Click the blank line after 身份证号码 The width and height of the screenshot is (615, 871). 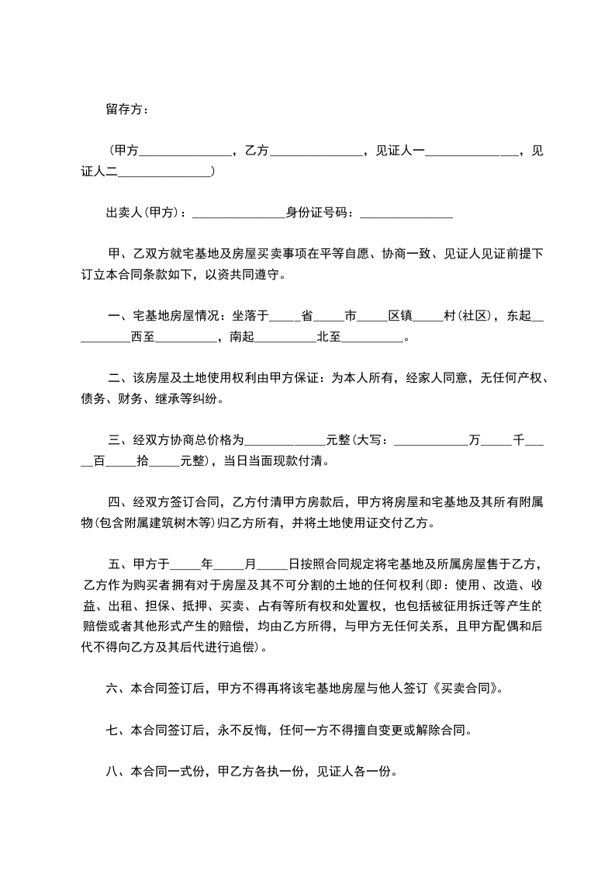coord(406,213)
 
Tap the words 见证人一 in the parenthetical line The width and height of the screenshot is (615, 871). coord(399,151)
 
